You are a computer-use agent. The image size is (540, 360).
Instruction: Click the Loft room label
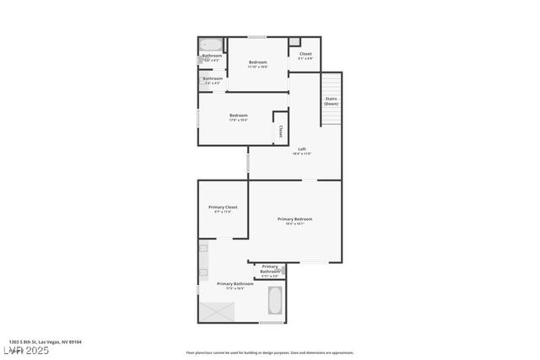[x=302, y=148]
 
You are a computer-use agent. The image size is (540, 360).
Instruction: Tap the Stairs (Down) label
[x=332, y=101]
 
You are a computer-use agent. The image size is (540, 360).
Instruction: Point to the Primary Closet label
[x=223, y=207]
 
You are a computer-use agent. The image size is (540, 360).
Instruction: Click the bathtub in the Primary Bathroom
[x=275, y=300]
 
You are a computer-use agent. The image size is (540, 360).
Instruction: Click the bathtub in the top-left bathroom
[x=211, y=46]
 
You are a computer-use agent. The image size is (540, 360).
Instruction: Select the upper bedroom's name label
[x=258, y=62]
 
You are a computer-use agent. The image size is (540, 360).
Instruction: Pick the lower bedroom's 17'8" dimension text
[x=239, y=120]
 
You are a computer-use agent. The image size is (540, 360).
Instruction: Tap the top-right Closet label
[x=305, y=54]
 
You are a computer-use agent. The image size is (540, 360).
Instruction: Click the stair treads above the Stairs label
[x=331, y=83]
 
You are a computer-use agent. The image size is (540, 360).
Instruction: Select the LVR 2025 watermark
[x=26, y=350]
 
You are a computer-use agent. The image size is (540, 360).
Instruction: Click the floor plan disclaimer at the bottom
[x=270, y=352]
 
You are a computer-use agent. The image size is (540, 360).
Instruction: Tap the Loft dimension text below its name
[x=302, y=154]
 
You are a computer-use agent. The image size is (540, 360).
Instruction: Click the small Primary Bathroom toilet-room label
[x=270, y=269]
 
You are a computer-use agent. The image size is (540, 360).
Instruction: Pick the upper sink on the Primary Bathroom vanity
[x=203, y=250]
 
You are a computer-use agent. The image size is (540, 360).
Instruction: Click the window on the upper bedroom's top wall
[x=257, y=36]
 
